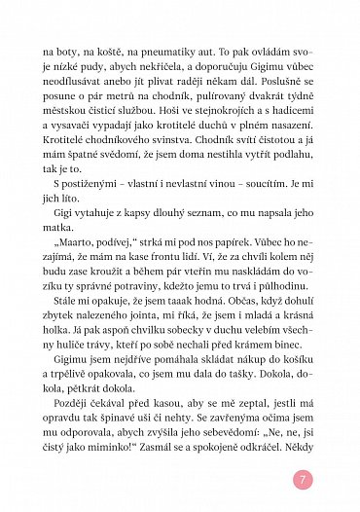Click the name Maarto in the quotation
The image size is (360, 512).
click(x=73, y=276)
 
